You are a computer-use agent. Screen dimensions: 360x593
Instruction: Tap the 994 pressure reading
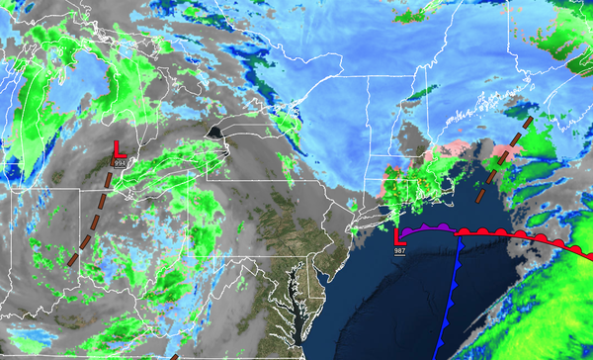(x=120, y=161)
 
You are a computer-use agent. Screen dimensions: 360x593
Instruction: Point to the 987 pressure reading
(x=400, y=251)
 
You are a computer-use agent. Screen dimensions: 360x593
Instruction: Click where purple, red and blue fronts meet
(x=459, y=231)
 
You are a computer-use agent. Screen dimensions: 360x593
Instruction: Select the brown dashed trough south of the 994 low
(x=89, y=223)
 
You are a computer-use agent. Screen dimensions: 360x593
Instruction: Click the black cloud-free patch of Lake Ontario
(x=213, y=132)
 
